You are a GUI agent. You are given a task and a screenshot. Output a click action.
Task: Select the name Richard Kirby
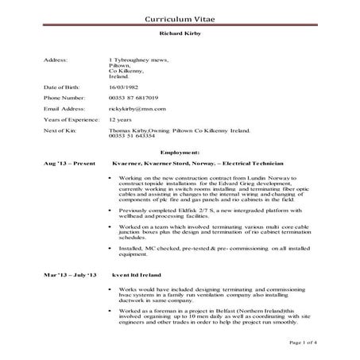pyautogui.click(x=180, y=36)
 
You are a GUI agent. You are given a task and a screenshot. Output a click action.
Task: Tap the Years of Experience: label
pyautogui.click(x=70, y=117)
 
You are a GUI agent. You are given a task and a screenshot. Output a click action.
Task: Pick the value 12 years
pyautogui.click(x=122, y=117)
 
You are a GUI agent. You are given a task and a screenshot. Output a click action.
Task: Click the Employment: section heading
pyautogui.click(x=180, y=150)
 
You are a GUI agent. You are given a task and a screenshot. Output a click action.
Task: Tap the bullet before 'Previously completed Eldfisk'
pyautogui.click(x=109, y=211)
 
